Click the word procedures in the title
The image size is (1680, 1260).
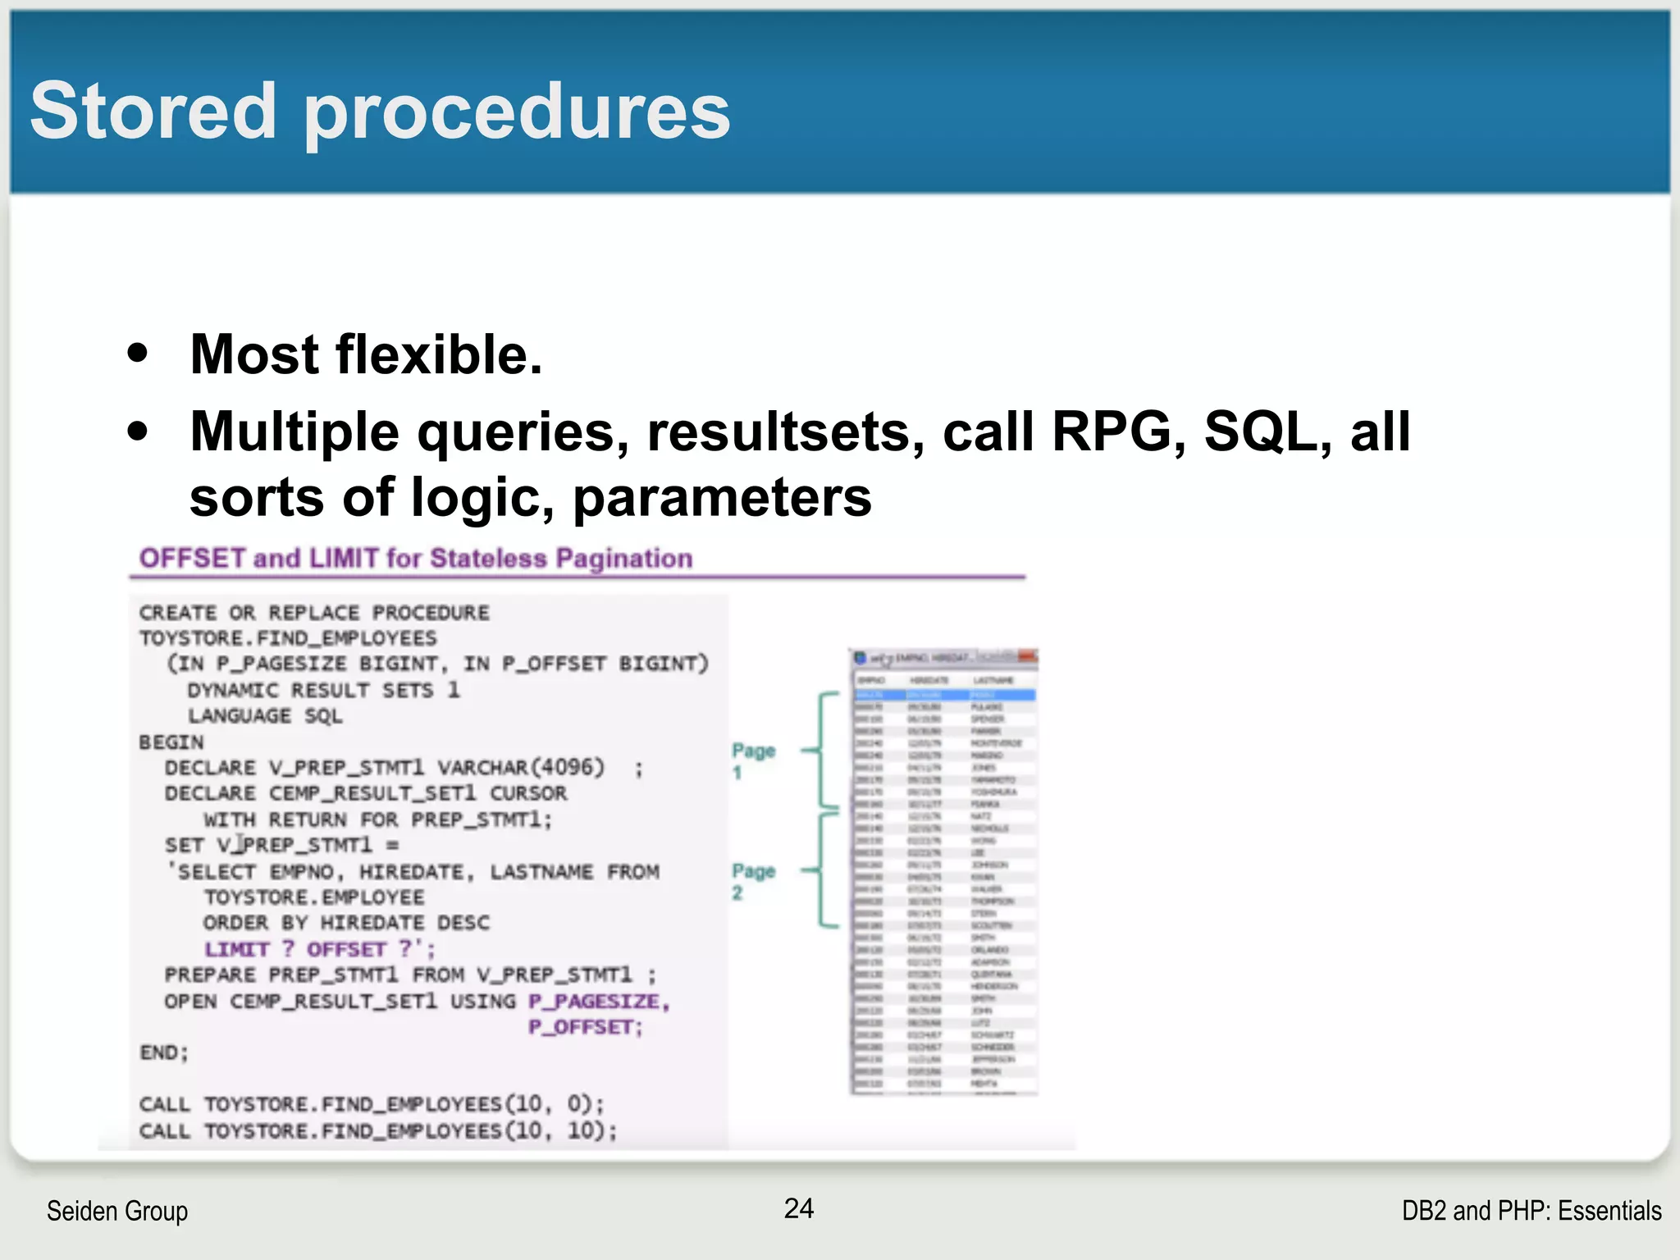[517, 113]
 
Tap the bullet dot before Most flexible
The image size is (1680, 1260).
[138, 354]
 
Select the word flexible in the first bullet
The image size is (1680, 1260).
[439, 354]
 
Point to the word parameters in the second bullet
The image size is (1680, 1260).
[722, 497]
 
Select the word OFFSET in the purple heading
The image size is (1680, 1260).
[192, 559]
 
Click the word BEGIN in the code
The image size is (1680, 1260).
[171, 742]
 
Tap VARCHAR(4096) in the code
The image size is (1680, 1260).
[521, 768]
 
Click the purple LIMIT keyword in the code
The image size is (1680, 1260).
[236, 949]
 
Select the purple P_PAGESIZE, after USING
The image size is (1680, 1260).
[599, 1002]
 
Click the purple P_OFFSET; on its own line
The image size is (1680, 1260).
[585, 1027]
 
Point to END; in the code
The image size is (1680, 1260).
[164, 1052]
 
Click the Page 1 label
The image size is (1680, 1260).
[753, 760]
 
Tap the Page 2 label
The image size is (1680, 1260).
[753, 881]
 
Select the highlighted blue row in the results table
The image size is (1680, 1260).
[944, 695]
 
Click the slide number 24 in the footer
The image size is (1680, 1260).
[798, 1208]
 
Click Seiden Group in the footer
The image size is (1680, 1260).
[117, 1211]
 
